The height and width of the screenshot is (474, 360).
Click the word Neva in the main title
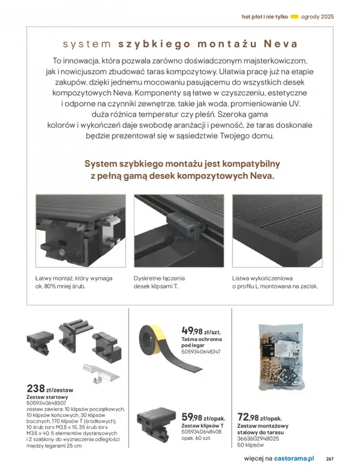coord(280,44)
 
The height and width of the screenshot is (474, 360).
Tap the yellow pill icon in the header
coord(296,17)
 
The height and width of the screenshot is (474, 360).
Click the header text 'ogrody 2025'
coord(317,17)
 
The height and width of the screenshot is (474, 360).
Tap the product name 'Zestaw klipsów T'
coord(203,426)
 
